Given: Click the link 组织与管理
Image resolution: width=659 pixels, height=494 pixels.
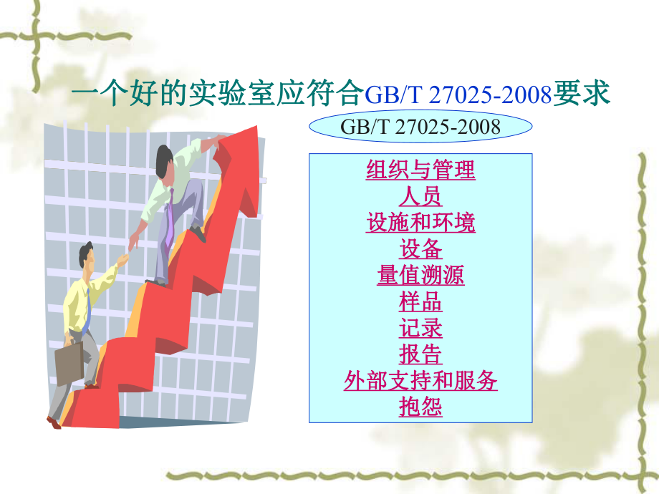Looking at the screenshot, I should [x=420, y=170].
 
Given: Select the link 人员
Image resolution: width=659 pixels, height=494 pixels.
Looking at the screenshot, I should [x=420, y=195].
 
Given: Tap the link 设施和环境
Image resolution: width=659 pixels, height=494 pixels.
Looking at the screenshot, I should [x=420, y=222].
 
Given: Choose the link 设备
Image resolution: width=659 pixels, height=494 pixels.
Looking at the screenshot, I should [x=420, y=248].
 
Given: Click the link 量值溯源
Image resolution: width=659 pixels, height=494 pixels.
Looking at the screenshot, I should [x=420, y=275].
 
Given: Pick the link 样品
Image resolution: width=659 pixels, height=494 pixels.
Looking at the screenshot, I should [x=420, y=301].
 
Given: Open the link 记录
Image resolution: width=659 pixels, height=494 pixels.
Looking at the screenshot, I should [x=420, y=328].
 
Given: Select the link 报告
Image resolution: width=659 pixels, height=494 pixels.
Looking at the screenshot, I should [x=420, y=354].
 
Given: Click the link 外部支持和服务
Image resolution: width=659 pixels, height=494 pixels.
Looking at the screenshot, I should [x=420, y=381].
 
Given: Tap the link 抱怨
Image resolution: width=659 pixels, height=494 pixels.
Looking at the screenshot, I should [x=420, y=407].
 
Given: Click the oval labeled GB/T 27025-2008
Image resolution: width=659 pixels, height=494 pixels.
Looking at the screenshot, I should [x=420, y=127].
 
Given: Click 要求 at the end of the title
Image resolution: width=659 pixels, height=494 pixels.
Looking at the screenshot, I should [x=584, y=94].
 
